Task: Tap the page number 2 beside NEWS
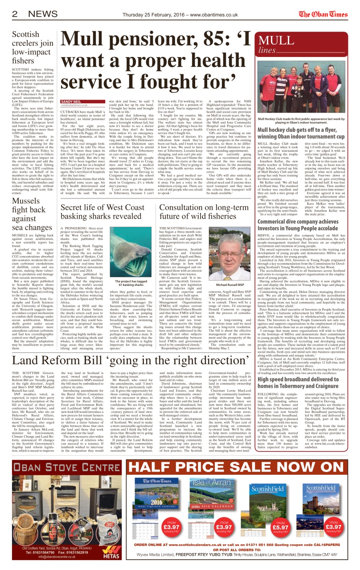point(15,14)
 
